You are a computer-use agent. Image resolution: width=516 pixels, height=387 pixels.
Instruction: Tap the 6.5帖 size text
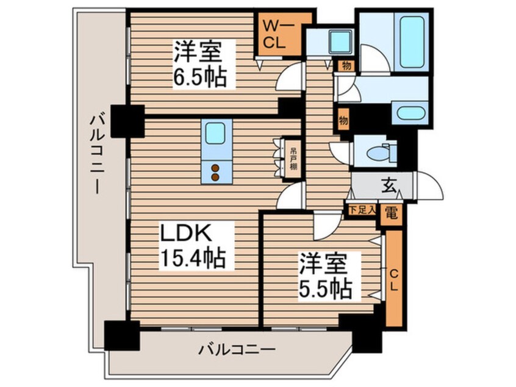coord(199,78)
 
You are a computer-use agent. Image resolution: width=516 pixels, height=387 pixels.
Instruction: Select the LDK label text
coord(187,234)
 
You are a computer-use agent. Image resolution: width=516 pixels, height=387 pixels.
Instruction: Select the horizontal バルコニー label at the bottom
coord(237,351)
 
